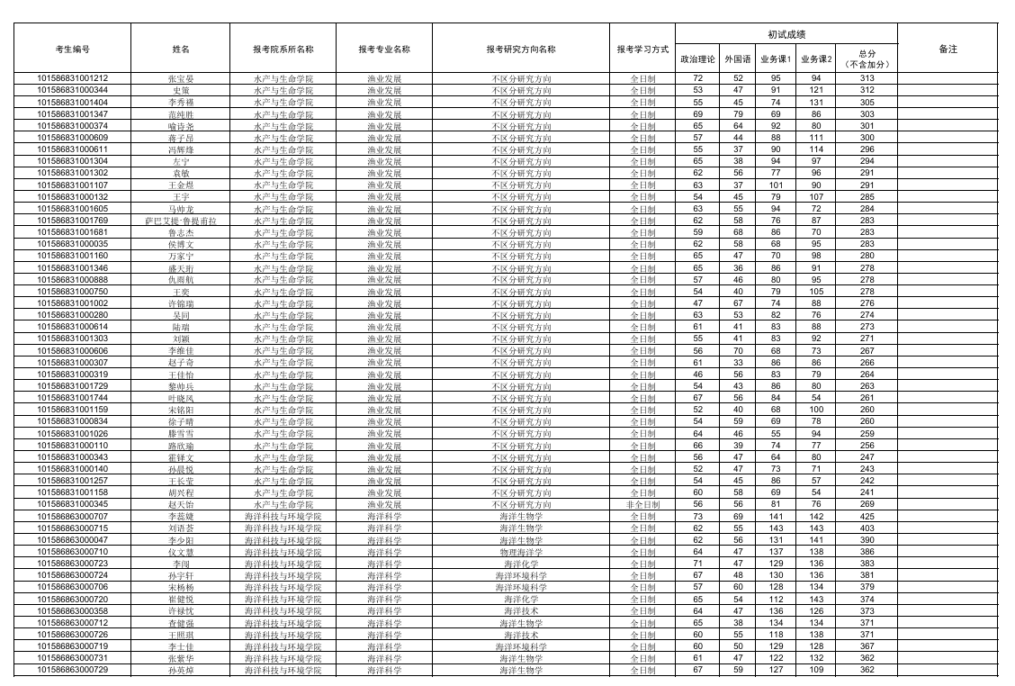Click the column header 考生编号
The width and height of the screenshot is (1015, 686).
click(72, 50)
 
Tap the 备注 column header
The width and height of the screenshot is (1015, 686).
click(948, 50)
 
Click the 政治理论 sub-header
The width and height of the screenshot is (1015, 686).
click(697, 59)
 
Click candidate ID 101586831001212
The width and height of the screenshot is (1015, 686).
click(72, 78)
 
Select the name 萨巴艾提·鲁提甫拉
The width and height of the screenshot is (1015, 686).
click(181, 221)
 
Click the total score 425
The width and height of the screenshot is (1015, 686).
click(867, 516)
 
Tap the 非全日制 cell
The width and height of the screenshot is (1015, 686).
click(642, 504)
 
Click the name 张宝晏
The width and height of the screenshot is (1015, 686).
click(181, 78)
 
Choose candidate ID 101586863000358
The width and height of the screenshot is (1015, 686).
click(72, 610)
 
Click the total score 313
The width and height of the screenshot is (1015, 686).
click(867, 78)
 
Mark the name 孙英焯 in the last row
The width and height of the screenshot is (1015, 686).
click(181, 670)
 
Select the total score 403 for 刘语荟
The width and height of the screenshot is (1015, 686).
click(867, 528)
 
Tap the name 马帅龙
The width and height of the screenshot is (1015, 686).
click(181, 209)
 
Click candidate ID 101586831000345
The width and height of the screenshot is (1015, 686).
click(72, 504)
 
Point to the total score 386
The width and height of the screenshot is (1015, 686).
click(867, 552)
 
